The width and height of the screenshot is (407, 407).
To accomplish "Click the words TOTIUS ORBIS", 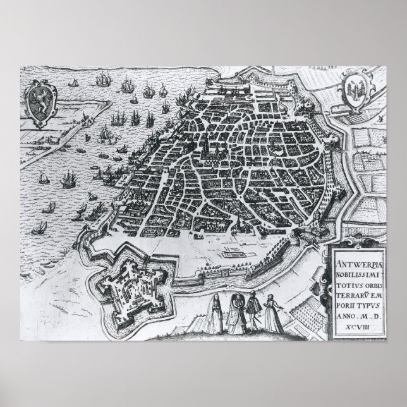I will [x=364, y=276].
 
